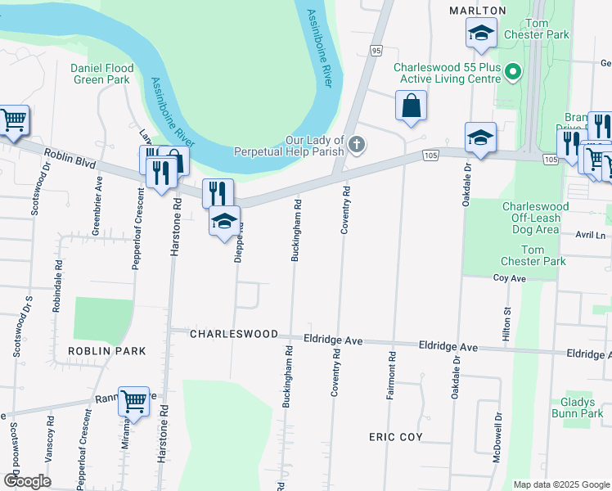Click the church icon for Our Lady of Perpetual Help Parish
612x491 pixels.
pos(356,145)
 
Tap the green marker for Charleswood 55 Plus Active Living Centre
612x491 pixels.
pos(513,73)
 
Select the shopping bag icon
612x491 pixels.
pos(412,106)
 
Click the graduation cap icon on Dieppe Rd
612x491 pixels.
pos(225,221)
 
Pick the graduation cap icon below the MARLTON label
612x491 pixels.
pos(481,34)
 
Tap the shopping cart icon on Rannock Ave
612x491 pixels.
pos(133,401)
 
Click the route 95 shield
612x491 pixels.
pos(376,51)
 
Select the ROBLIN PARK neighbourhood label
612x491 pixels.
pos(106,351)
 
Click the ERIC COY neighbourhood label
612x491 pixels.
pos(395,437)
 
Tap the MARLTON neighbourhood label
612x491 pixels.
pos(478,10)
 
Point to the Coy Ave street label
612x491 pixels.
pos(509,278)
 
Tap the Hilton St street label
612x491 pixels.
pos(506,323)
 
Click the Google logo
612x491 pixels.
pos(26,481)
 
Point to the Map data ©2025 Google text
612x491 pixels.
pos(560,484)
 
